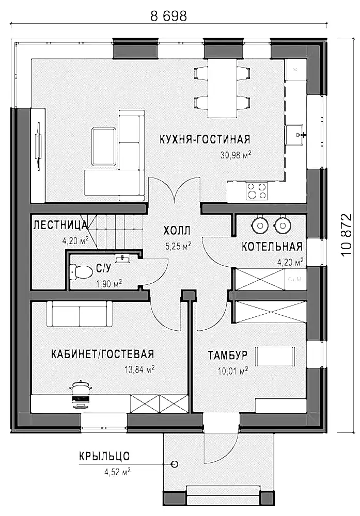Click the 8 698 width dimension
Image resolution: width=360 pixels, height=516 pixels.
coord(168,16)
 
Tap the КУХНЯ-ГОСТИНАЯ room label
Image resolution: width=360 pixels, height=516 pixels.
coord(205,139)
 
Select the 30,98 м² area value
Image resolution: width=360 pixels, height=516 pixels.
coord(236,155)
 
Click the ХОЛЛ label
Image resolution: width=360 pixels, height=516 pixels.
coord(177,231)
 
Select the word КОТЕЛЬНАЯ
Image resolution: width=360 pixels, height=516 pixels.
coord(272,247)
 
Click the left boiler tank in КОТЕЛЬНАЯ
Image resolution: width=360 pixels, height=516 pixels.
coord(260,224)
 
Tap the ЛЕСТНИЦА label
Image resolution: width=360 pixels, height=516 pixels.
coord(60,225)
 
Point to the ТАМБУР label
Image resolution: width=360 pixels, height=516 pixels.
coord(228,356)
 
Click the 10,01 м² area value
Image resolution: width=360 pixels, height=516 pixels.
coord(233,371)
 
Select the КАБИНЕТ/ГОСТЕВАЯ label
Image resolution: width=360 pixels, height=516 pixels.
coord(102,354)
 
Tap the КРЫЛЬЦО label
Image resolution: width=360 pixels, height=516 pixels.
coord(104,457)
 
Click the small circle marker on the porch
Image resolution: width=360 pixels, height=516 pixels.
coord(175,464)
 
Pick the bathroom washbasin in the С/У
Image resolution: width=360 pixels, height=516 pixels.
coord(123,258)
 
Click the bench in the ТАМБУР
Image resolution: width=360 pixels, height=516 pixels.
coord(276,356)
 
